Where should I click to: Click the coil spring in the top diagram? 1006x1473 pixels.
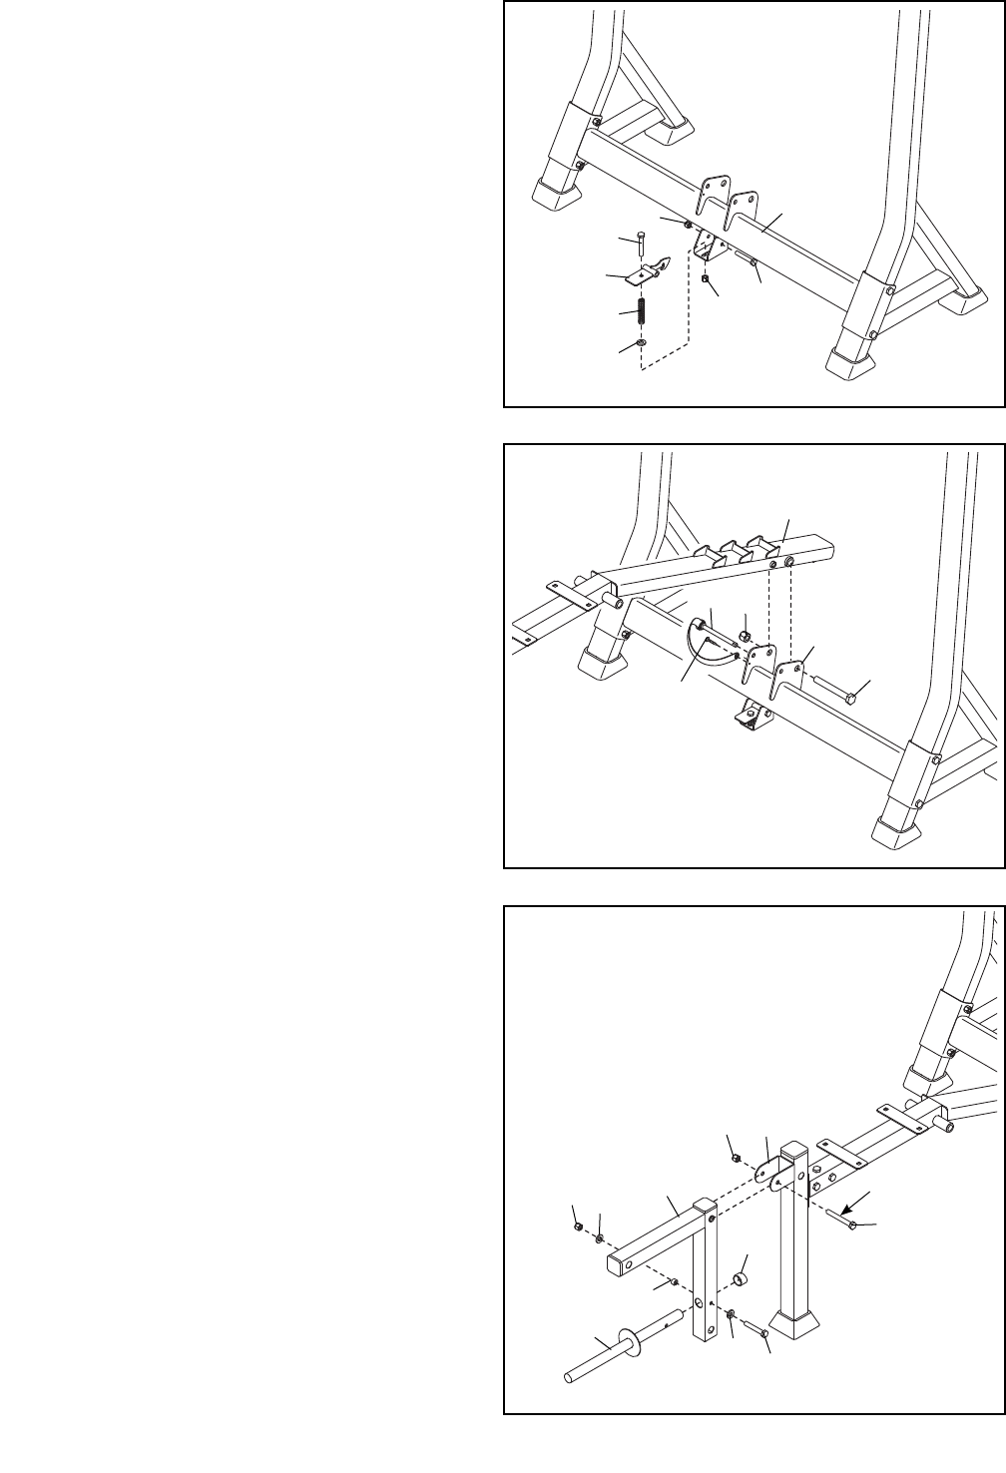642,311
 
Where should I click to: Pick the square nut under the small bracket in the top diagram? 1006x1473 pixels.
706,281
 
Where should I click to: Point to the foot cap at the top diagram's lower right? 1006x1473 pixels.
850,363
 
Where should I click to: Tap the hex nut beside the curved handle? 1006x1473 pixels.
745,636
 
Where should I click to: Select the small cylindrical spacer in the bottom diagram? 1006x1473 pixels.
741,1278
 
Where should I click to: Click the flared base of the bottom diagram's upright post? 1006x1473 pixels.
799,1326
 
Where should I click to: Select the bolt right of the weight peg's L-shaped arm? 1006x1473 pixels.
760,1333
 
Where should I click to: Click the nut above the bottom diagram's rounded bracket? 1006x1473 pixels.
736,1158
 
